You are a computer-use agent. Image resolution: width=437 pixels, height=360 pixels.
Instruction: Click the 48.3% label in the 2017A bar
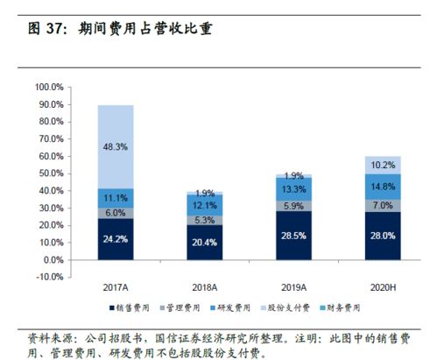click(x=115, y=146)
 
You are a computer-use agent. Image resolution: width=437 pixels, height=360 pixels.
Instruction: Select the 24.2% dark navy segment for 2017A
click(x=115, y=237)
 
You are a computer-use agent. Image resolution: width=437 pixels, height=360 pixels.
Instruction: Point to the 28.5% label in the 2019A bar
click(x=293, y=236)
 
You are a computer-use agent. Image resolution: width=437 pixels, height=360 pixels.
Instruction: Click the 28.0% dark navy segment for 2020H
click(x=382, y=236)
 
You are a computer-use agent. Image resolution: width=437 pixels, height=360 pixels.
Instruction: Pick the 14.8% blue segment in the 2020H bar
click(x=382, y=186)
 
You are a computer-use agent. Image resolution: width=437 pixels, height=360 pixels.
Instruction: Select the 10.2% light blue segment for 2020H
click(x=382, y=165)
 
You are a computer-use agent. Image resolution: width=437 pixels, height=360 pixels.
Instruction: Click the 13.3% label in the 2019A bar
click(x=293, y=190)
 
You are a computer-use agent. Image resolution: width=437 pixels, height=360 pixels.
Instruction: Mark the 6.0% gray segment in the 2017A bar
click(x=115, y=212)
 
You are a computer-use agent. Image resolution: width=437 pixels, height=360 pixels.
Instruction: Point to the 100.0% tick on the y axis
click(x=50, y=88)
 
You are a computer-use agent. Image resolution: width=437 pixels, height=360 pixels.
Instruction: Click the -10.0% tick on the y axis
click(x=50, y=277)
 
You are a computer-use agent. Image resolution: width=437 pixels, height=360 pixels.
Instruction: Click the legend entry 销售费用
click(x=133, y=307)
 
